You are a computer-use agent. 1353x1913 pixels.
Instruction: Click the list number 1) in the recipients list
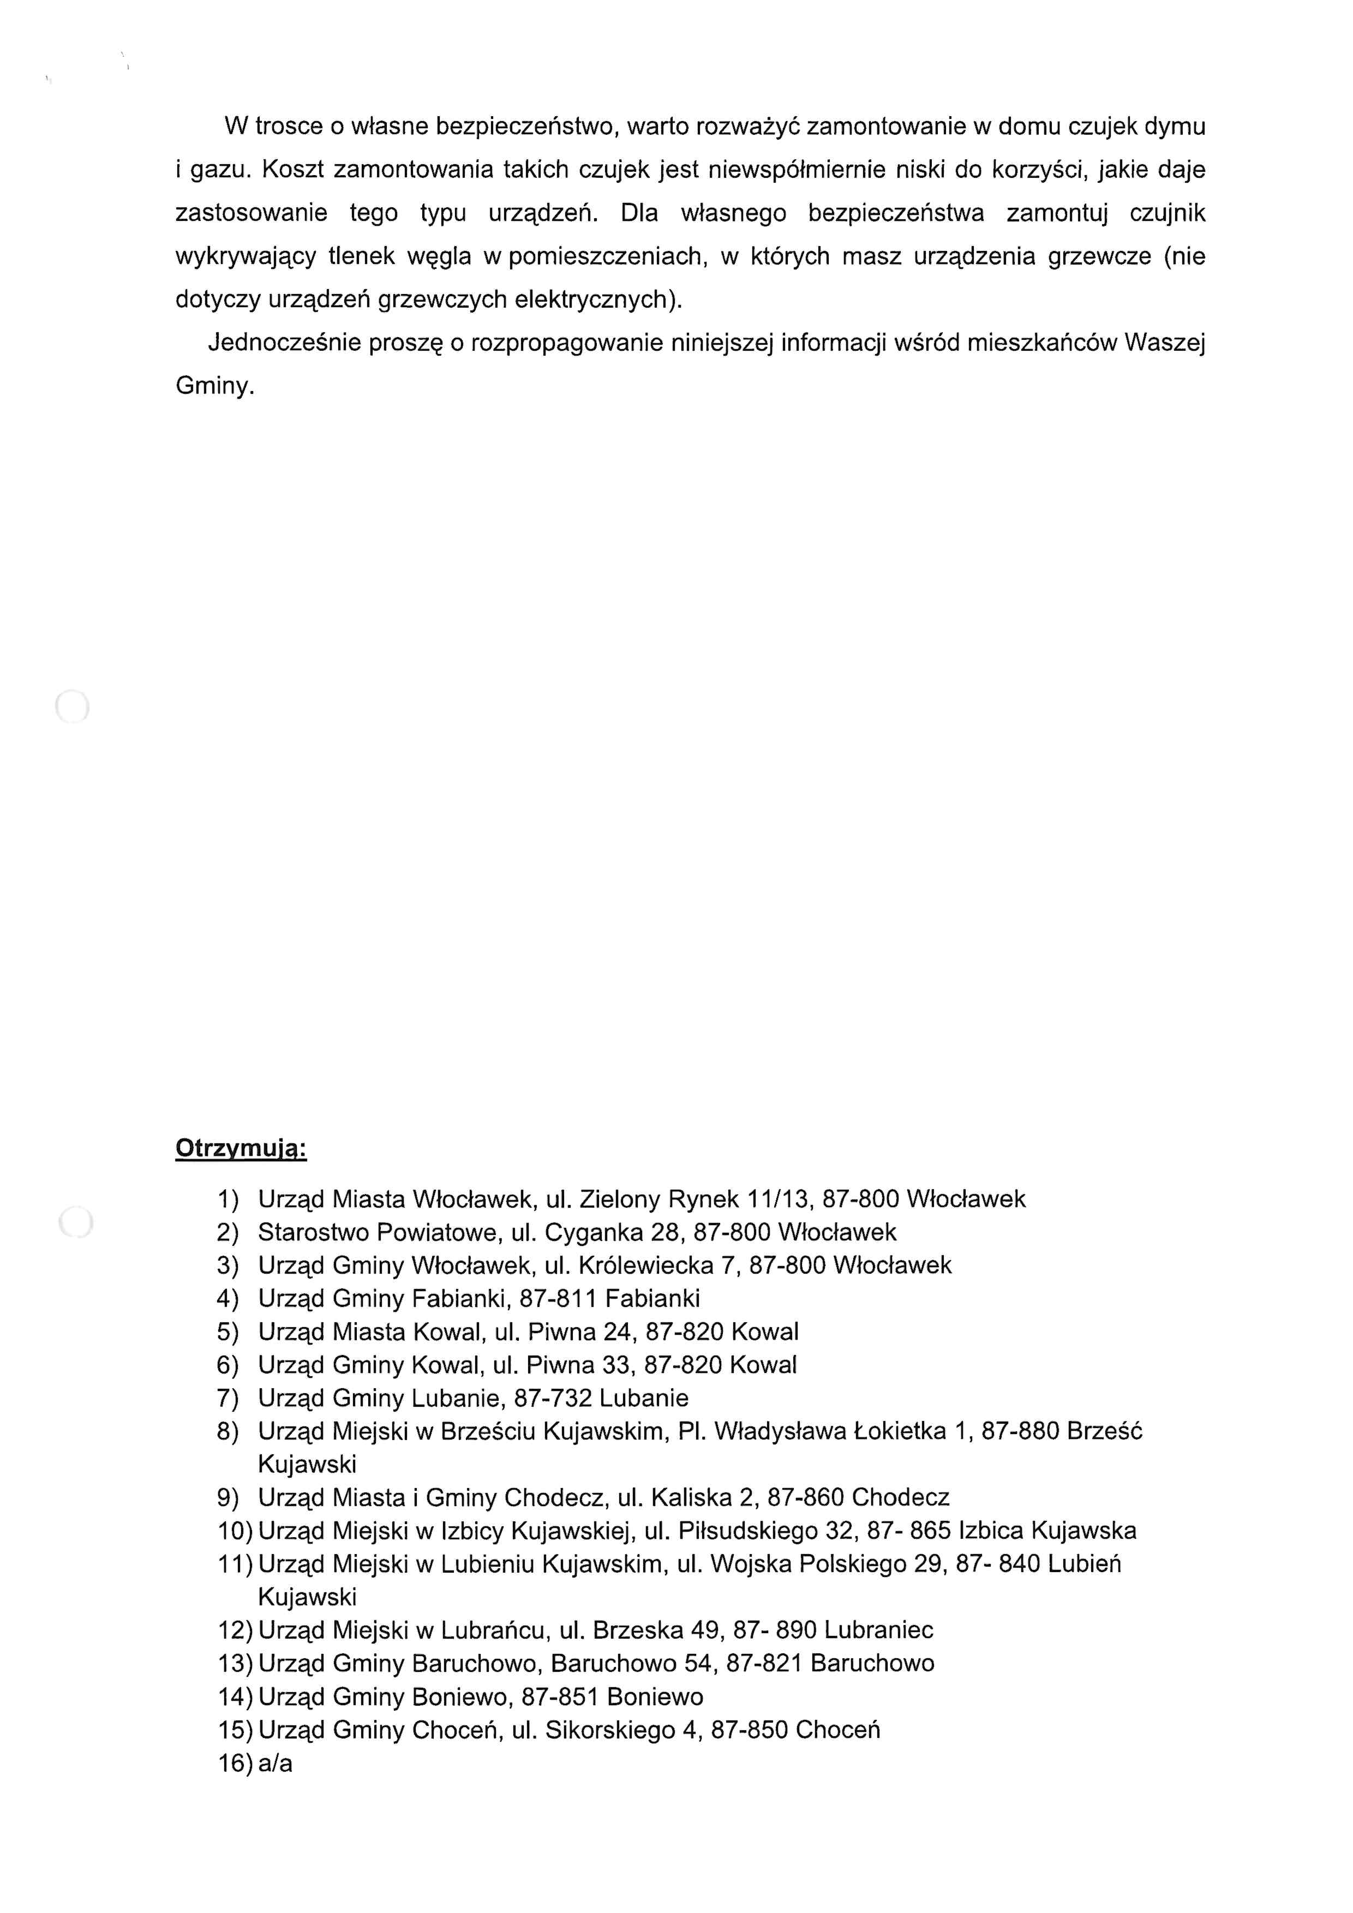coord(228,1200)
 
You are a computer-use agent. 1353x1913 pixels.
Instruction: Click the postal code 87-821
coord(764,1664)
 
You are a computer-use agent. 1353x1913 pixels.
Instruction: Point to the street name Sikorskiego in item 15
coord(610,1730)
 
